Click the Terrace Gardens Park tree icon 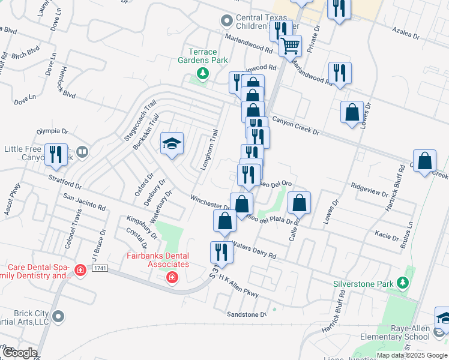point(203,74)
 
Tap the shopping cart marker point(291,45)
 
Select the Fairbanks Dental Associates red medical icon point(172,277)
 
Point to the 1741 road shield point(100,268)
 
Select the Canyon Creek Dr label point(295,126)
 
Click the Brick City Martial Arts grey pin point(58,316)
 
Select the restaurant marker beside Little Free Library point(56,154)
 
